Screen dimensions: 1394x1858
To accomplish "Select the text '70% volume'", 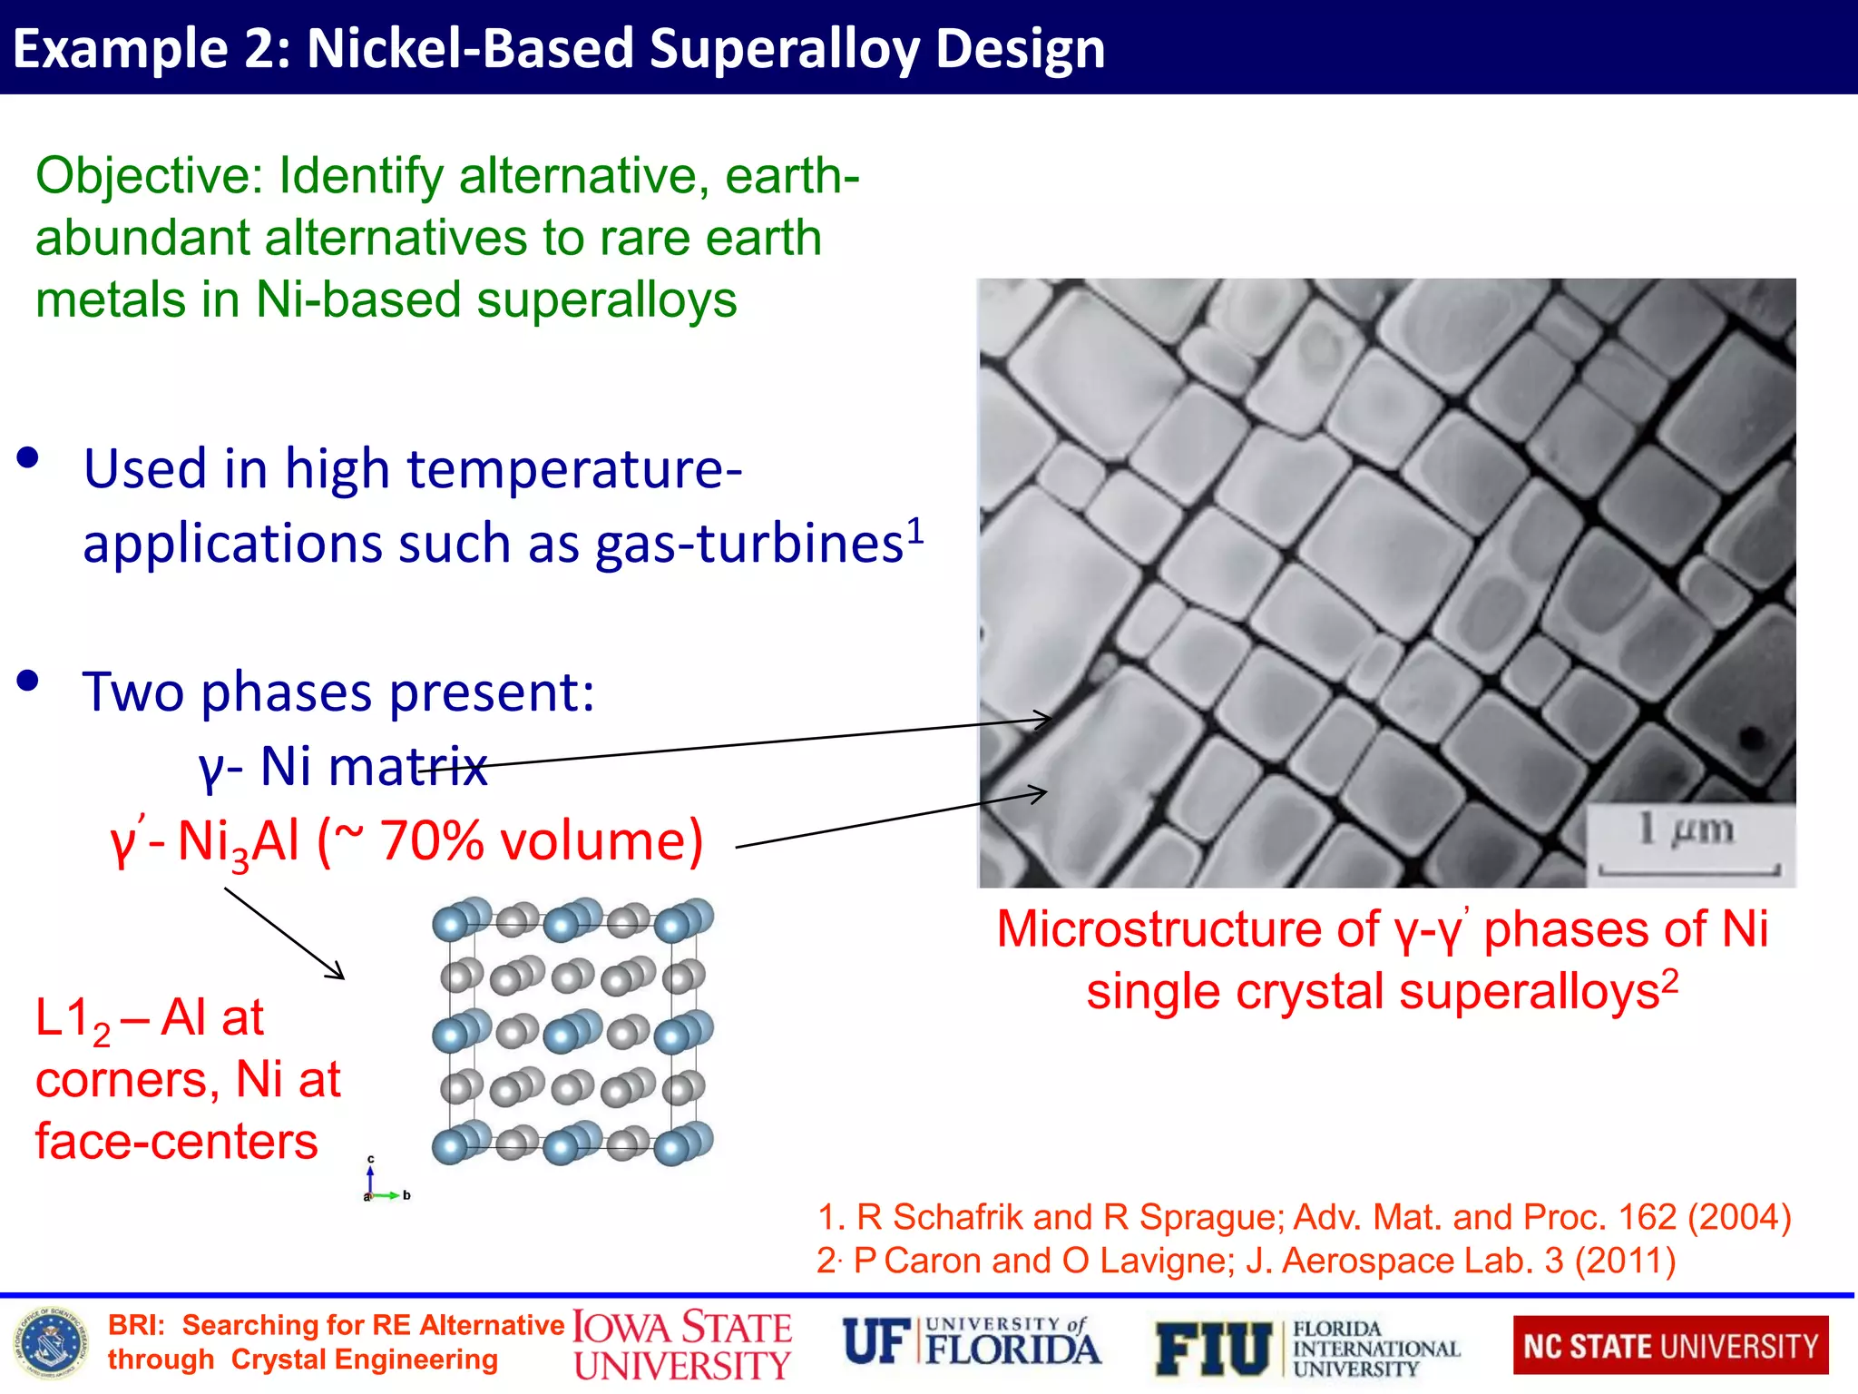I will pyautogui.click(x=541, y=840).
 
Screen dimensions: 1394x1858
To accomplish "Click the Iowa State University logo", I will pyautogui.click(x=682, y=1346).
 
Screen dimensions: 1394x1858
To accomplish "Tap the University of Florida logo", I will pyautogui.click(x=971, y=1343).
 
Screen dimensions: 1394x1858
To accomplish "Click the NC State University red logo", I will pyautogui.click(x=1670, y=1346).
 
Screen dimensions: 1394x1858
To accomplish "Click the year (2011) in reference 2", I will pyautogui.click(x=1625, y=1261).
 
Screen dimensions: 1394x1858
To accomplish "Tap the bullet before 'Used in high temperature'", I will pyautogui.click(x=28, y=457).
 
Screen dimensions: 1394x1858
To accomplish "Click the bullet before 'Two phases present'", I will pyautogui.click(x=28, y=681).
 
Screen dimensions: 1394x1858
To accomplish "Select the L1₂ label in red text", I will pyautogui.click(x=73, y=1019).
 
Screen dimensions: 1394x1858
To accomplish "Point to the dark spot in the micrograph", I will pyautogui.click(x=1750, y=738).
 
